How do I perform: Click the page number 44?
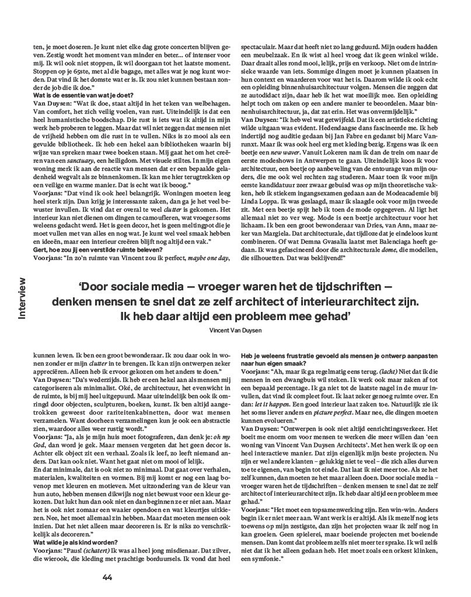coord(107,578)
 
